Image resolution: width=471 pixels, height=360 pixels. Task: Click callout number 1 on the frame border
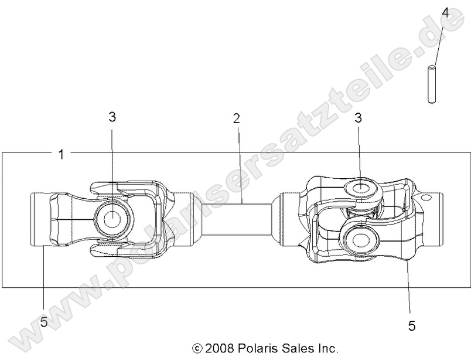61,154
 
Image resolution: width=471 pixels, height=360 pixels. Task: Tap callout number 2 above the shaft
236,118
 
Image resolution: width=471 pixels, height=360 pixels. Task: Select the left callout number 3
112,117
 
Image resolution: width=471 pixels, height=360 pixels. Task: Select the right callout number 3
358,118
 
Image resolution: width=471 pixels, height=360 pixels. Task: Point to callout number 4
445,12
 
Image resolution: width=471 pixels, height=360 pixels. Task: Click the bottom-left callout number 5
44,322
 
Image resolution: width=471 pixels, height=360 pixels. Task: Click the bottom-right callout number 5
412,326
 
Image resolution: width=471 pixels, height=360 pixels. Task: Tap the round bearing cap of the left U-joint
112,218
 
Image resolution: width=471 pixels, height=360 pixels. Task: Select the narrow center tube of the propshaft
237,220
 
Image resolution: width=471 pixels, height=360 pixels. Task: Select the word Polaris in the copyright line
258,348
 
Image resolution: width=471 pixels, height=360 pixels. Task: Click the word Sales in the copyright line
298,348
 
